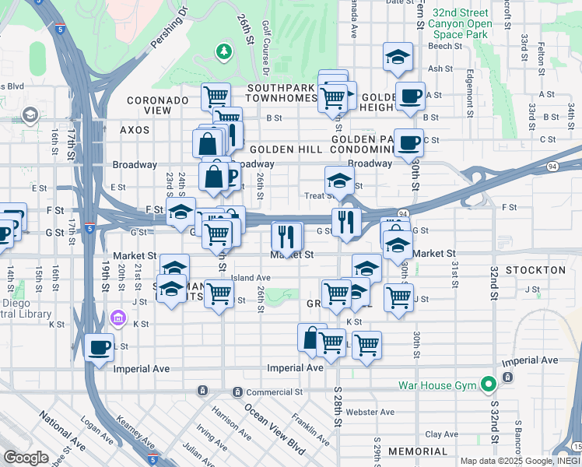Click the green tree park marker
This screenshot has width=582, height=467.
click(224, 51)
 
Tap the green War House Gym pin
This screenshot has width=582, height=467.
click(488, 384)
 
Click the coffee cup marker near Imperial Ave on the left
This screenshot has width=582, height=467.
click(99, 347)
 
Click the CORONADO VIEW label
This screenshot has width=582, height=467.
click(158, 105)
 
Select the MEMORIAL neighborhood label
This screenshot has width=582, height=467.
click(418, 451)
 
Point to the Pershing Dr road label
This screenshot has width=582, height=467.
click(170, 29)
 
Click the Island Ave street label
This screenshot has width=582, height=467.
click(251, 277)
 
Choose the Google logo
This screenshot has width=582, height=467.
click(26, 458)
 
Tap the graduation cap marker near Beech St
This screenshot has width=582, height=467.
click(397, 56)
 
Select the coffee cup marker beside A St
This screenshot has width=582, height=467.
click(410, 97)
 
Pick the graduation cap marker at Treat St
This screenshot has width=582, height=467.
click(338, 181)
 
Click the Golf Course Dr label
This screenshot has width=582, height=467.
click(266, 42)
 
